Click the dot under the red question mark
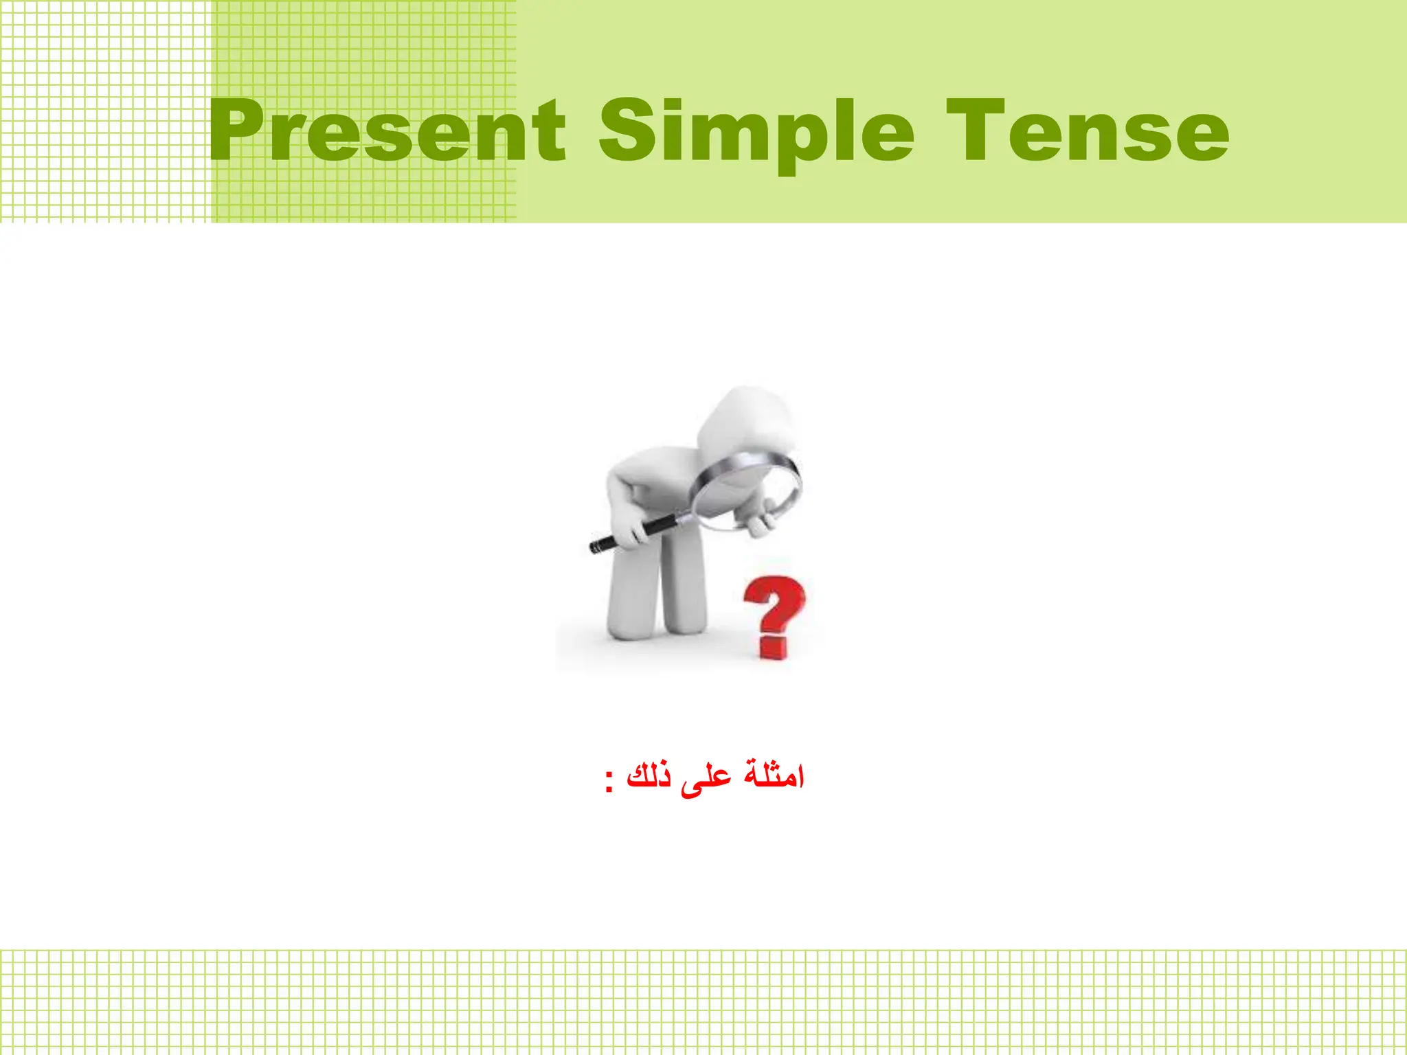point(774,648)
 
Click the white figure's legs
point(656,591)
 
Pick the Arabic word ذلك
point(649,776)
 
